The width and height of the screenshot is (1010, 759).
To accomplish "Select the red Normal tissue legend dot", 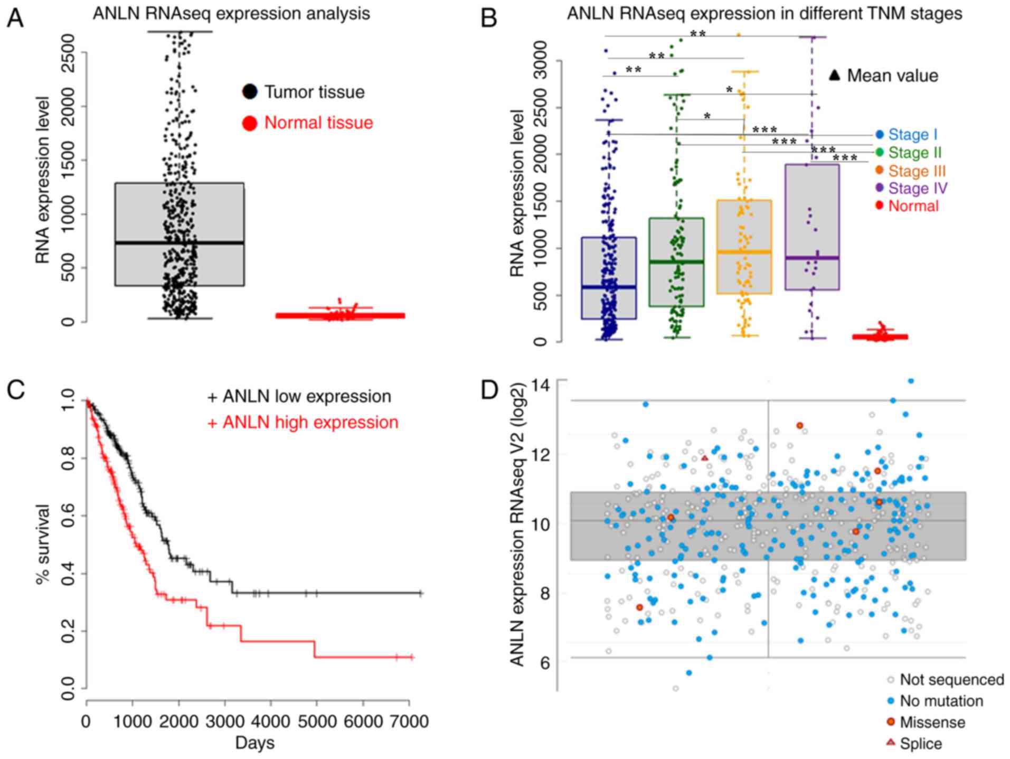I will pos(249,123).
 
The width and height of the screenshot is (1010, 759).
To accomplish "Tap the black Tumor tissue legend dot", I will pos(249,92).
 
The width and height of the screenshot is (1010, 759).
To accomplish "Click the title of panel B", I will pos(764,13).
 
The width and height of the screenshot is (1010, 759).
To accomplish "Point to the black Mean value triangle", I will pos(834,76).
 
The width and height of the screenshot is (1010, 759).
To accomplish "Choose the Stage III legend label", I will pos(917,171).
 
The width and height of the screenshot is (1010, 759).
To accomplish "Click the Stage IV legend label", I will pos(918,189).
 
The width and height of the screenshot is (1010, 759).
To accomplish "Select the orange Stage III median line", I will pos(744,252).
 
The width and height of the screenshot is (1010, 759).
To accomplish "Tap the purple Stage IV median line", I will pos(811,258).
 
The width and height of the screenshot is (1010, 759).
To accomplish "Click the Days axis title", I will pos(254,743).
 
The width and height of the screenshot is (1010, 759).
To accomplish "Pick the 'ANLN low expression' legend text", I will pos(307,397).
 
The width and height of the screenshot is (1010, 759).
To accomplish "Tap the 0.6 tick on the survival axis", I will pos(68,515).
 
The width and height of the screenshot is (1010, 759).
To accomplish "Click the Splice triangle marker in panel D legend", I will pos(891,743).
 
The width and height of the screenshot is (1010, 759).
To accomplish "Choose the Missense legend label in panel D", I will pos(932,722).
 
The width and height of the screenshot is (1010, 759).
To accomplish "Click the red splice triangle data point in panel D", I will pos(705,458).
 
